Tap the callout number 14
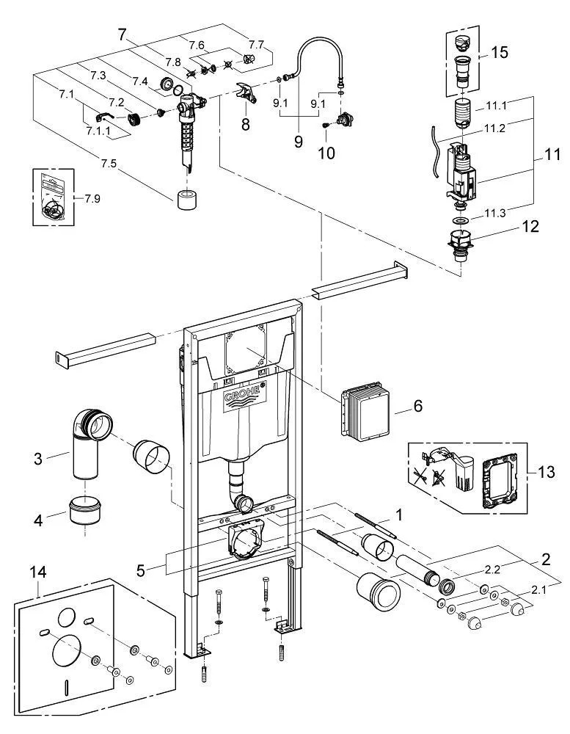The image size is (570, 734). [38, 572]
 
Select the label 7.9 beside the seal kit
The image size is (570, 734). [92, 198]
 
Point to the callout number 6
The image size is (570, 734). [417, 405]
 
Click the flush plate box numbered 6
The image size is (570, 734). [365, 409]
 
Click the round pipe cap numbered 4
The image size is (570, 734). [85, 511]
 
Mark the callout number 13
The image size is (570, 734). [545, 472]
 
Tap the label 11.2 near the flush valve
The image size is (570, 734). [494, 128]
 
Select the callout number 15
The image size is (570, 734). [500, 52]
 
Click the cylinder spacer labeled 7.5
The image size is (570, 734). [189, 201]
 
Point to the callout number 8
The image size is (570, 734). [245, 125]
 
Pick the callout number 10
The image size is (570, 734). [326, 153]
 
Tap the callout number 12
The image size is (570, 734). [530, 227]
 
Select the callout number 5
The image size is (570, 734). [141, 570]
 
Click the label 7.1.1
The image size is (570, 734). [98, 131]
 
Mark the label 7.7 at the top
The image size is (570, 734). [256, 46]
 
